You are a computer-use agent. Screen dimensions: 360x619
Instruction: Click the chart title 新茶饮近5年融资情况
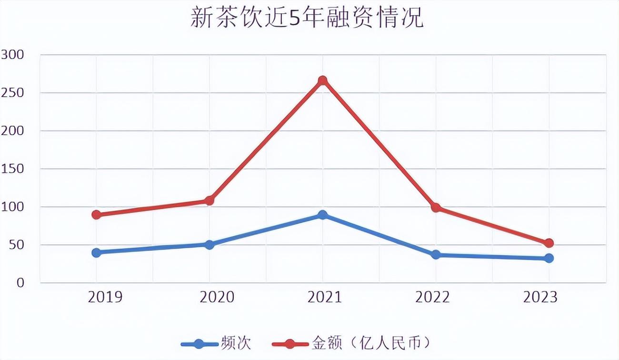[x=307, y=18]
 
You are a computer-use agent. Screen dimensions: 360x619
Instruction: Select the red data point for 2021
[x=323, y=80]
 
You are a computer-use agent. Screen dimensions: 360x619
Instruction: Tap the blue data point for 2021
[x=323, y=215]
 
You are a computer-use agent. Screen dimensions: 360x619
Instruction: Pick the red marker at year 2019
[x=97, y=215]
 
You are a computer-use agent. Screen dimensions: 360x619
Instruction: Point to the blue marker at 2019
[x=97, y=252]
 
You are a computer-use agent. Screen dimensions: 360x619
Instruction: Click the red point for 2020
[x=210, y=200]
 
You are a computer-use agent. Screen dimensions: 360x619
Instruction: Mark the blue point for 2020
[x=210, y=244]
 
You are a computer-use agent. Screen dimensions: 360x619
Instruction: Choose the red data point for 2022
[x=436, y=208]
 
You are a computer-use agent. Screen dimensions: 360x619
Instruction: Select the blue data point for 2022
[x=436, y=255]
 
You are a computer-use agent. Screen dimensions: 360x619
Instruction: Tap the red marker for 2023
[x=549, y=243]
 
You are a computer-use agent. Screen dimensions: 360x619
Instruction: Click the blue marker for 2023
[x=549, y=258]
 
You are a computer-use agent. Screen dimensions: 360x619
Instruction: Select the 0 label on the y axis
[x=20, y=283]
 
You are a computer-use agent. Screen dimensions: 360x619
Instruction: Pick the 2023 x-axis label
[x=540, y=298]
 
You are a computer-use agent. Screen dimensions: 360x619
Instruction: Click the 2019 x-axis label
[x=105, y=298]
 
